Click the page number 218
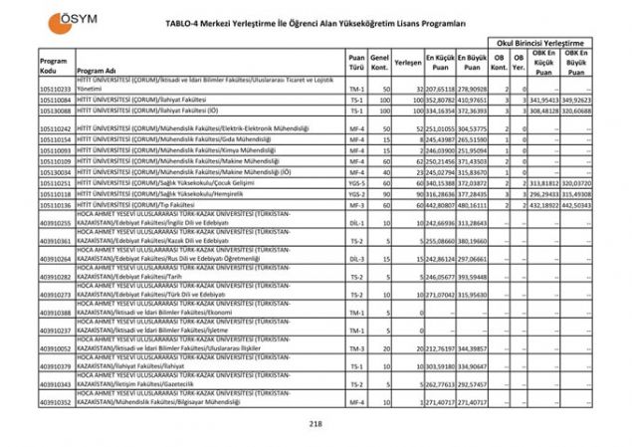(316, 424)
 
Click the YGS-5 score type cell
(355, 183)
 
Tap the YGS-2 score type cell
(355, 194)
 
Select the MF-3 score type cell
(355, 205)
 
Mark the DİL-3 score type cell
(355, 257)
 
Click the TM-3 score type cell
(355, 348)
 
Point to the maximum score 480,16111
(474, 205)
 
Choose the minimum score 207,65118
(440, 90)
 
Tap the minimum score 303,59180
(440, 366)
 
